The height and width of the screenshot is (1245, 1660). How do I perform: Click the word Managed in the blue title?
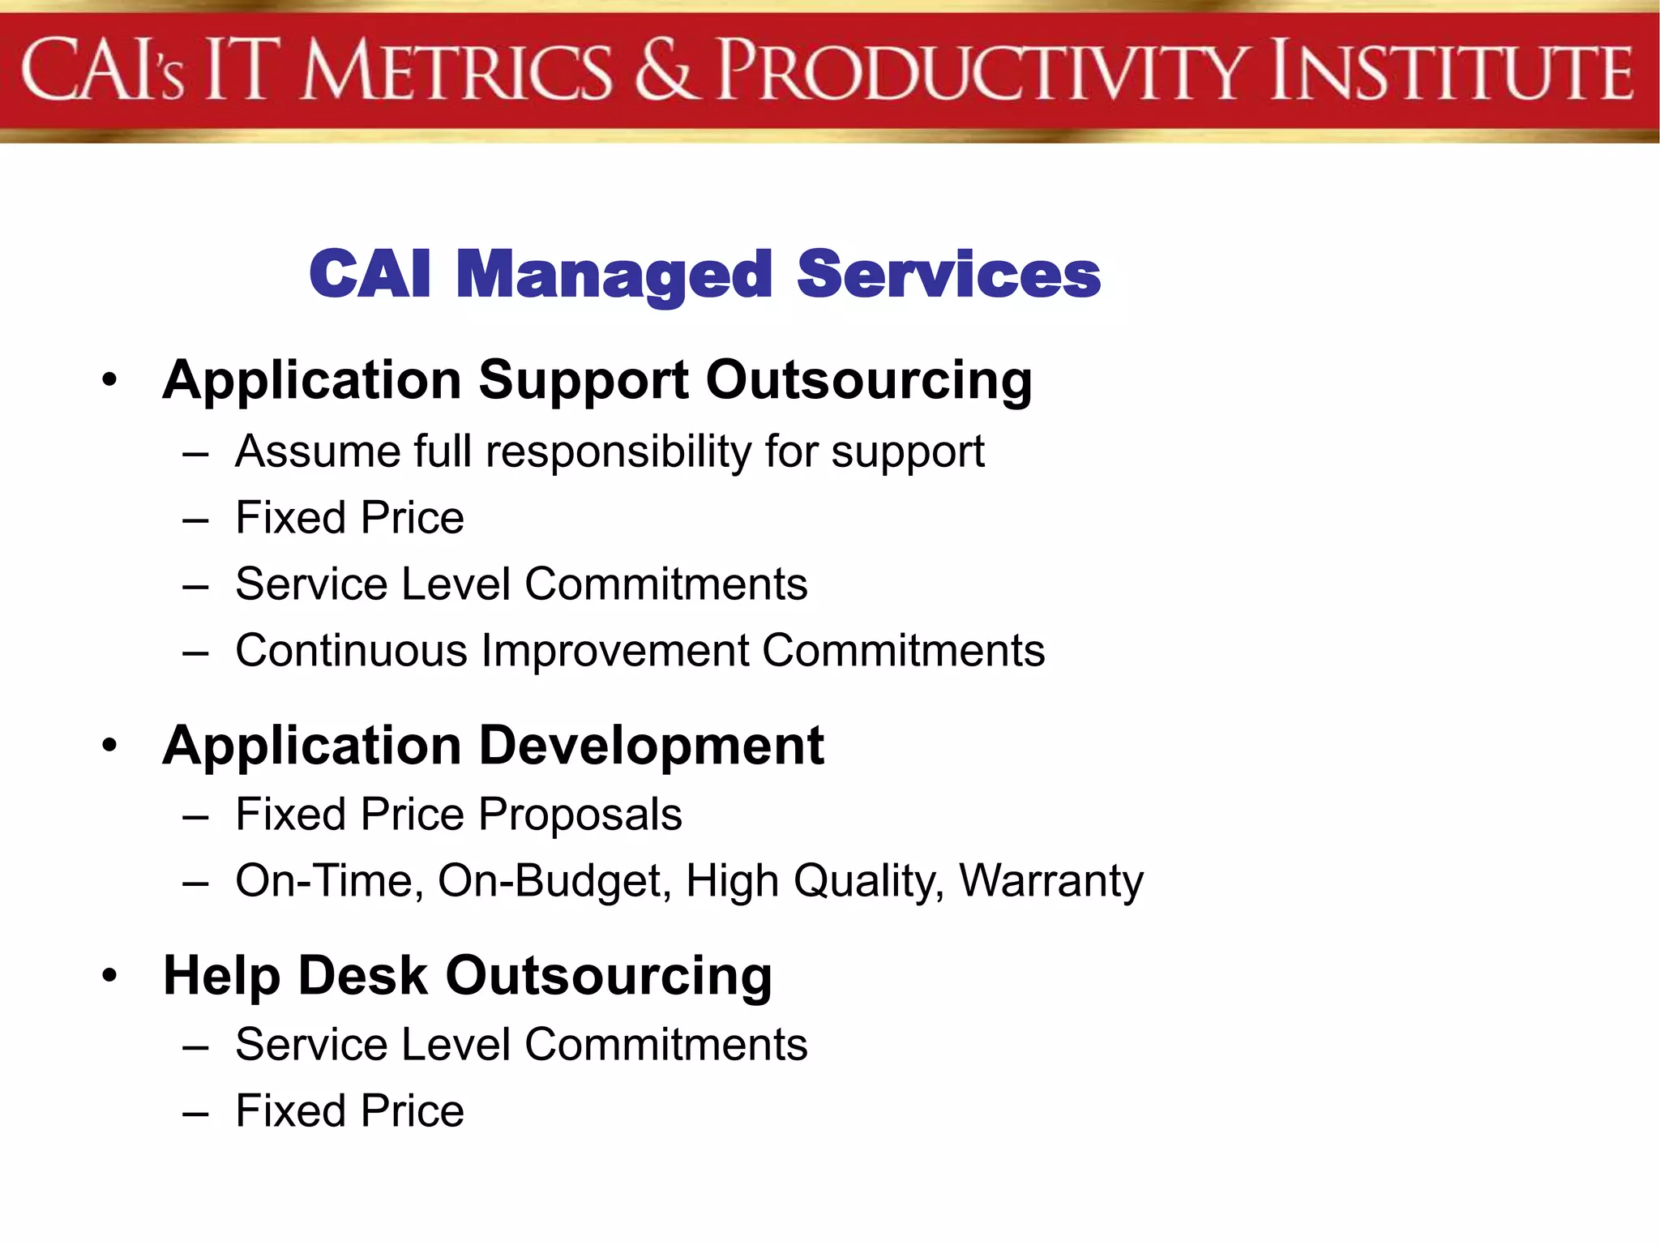(x=614, y=276)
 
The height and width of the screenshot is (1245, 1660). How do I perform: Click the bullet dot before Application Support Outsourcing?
(x=110, y=379)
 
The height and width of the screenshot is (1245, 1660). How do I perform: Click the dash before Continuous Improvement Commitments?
(x=195, y=652)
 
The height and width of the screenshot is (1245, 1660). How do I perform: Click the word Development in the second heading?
(x=652, y=746)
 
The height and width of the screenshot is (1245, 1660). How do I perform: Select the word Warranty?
(x=1051, y=881)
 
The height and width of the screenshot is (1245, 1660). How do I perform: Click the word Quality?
(x=868, y=881)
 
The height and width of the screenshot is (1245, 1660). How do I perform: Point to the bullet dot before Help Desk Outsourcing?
(x=110, y=975)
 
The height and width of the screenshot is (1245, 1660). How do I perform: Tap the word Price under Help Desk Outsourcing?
(x=413, y=1111)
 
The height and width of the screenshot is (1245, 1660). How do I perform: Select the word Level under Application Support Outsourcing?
(x=456, y=584)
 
